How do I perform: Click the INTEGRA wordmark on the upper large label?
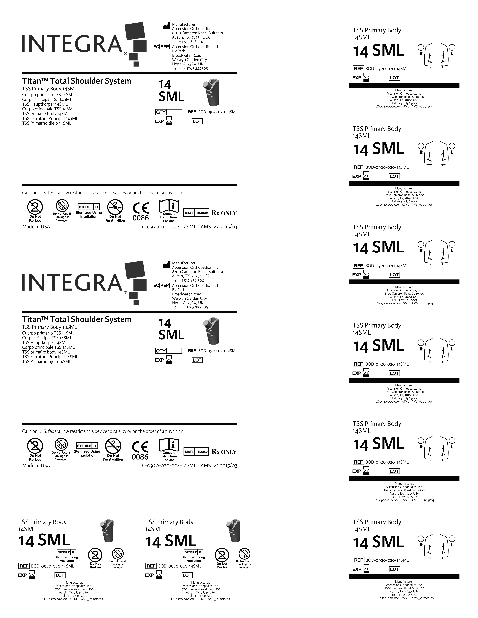(72, 44)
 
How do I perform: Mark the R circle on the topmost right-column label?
(421, 47)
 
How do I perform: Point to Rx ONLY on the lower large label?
(224, 452)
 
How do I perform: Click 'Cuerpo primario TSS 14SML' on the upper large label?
(48, 95)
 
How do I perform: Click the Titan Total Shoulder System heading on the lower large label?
(76, 319)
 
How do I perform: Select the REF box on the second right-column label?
(358, 167)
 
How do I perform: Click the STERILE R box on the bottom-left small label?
(66, 552)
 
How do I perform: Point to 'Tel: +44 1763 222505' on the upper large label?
(190, 68)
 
